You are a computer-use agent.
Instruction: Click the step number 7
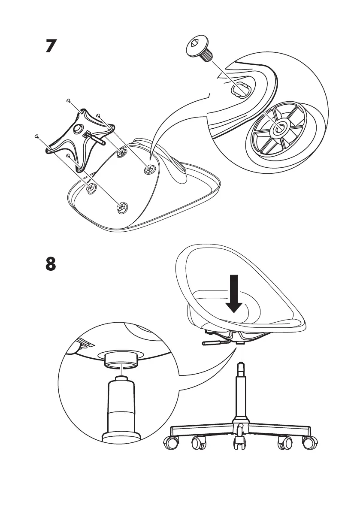coord(51,46)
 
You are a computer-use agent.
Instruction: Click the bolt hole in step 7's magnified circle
coord(239,90)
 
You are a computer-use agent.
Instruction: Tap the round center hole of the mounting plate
coord(79,129)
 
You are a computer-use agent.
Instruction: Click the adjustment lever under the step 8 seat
coord(213,343)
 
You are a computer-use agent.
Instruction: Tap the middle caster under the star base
coord(239,443)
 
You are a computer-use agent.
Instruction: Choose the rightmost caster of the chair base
coord(310,443)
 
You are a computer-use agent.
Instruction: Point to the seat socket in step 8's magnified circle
coord(121,359)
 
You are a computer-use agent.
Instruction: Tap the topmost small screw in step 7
coord(69,100)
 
